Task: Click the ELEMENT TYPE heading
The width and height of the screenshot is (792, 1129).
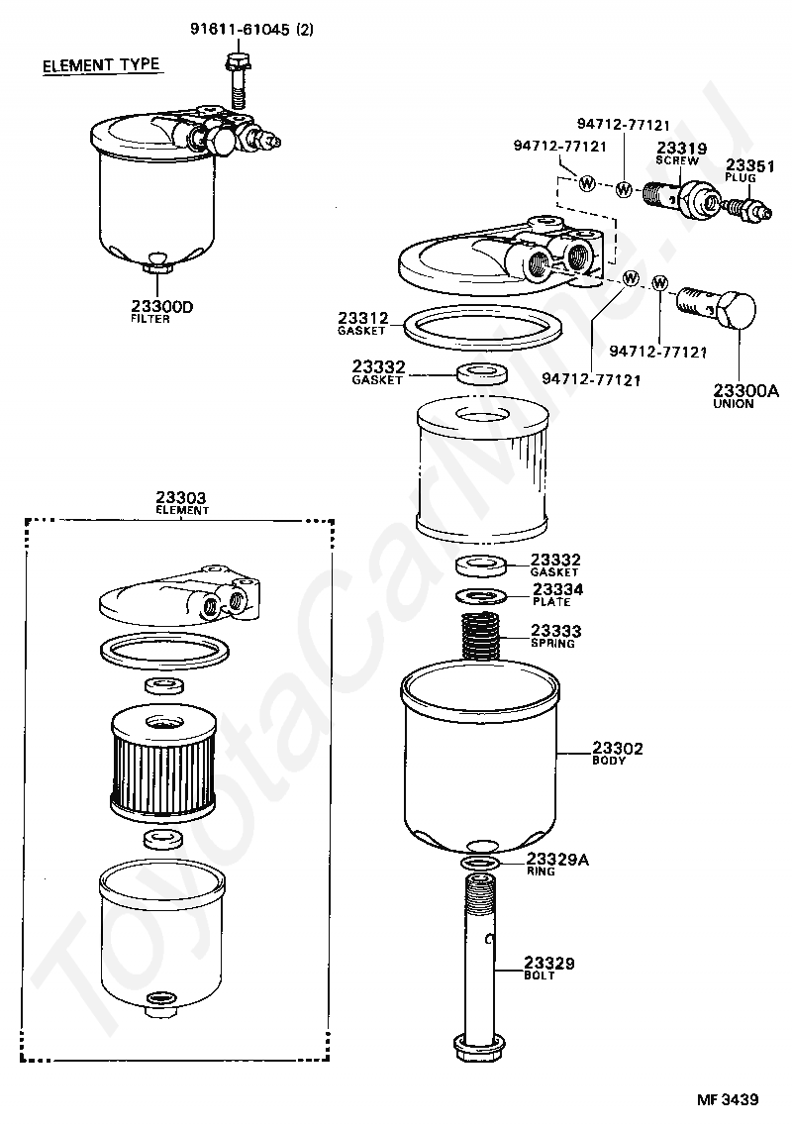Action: click(x=101, y=64)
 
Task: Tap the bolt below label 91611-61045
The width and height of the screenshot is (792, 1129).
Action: click(x=238, y=80)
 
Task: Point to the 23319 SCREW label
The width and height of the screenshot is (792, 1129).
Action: click(x=680, y=153)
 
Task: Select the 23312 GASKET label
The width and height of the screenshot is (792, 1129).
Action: click(x=363, y=323)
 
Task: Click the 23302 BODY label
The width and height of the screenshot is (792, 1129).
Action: click(x=617, y=753)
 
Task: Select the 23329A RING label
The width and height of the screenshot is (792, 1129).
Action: click(x=556, y=864)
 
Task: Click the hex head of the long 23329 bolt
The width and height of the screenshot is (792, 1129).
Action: click(x=479, y=1047)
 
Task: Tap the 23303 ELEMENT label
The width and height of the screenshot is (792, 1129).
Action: click(x=181, y=502)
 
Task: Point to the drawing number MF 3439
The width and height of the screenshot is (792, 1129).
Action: click(x=728, y=1099)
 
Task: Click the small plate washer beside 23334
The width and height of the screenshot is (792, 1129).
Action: click(x=481, y=596)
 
